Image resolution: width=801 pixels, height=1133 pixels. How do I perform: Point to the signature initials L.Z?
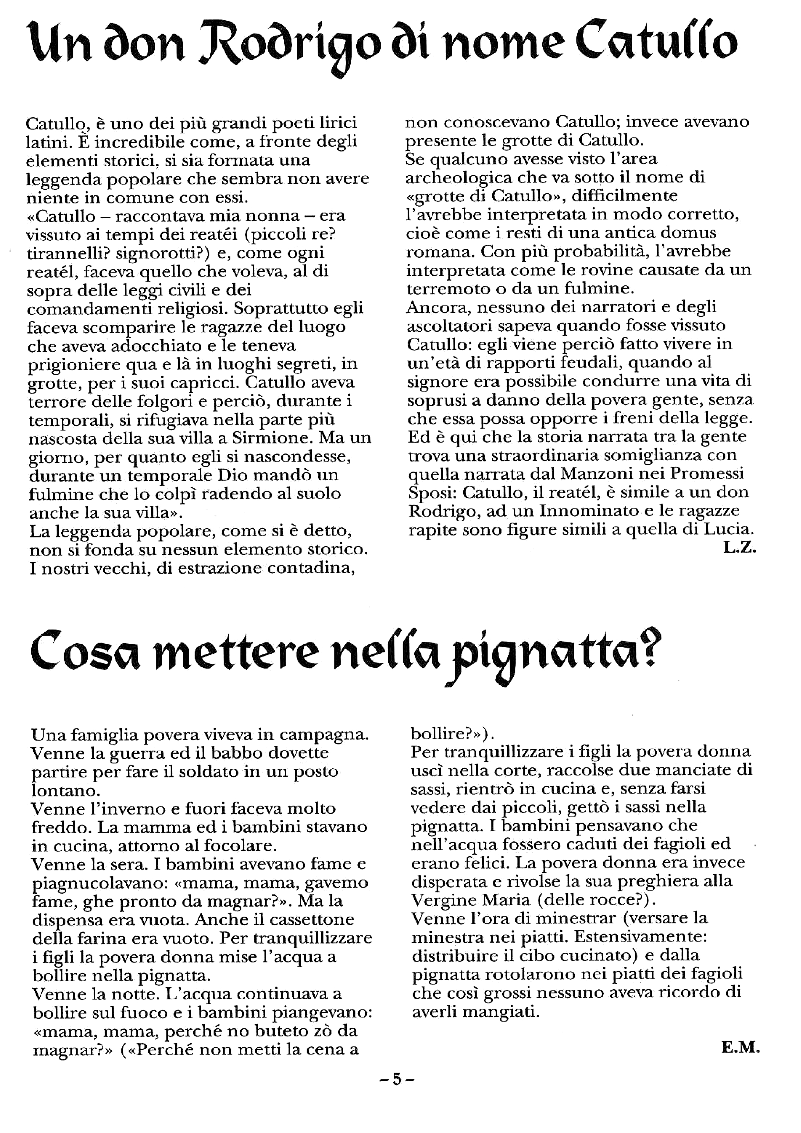click(x=739, y=548)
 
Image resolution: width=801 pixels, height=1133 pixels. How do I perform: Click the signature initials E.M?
click(x=740, y=1060)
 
